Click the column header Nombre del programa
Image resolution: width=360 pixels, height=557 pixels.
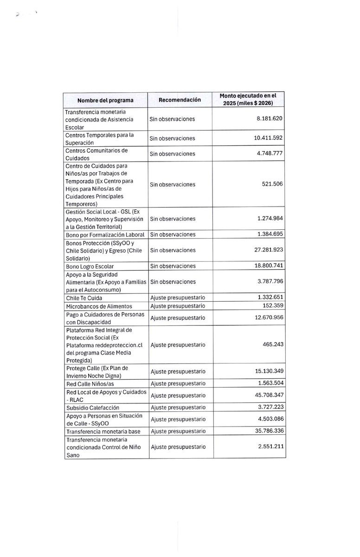[105, 100]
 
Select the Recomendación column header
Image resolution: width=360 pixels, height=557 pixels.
[180, 99]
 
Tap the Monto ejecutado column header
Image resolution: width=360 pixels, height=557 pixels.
[248, 99]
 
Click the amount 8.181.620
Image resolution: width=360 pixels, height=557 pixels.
[265, 119]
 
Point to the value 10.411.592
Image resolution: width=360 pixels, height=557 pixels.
[264, 138]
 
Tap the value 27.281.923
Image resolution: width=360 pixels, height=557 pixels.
[264, 250]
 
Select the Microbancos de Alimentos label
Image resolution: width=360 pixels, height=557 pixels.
[98, 306]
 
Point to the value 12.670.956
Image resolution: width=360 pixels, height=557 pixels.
[264, 318]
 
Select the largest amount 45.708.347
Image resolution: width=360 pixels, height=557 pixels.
[264, 395]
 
